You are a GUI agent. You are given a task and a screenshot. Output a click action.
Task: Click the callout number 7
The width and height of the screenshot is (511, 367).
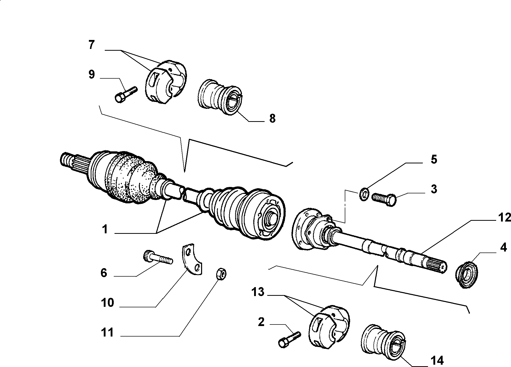91,45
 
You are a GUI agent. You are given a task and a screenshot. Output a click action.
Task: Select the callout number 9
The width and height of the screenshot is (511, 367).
91,75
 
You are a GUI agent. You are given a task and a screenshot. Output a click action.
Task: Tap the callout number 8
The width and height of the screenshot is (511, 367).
272,118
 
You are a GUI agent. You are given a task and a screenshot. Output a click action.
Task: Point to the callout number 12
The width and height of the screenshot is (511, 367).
504,218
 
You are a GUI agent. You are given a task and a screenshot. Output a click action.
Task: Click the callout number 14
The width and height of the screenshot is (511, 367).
437,360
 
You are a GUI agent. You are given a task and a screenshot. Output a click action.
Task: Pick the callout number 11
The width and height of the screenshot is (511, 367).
107,333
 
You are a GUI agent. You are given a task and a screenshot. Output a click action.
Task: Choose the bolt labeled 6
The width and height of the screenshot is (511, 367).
157,258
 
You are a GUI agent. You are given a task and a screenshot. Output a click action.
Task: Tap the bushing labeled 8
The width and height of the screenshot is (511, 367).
220,98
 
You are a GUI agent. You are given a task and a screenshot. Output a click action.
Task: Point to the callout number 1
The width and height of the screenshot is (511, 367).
105,229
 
